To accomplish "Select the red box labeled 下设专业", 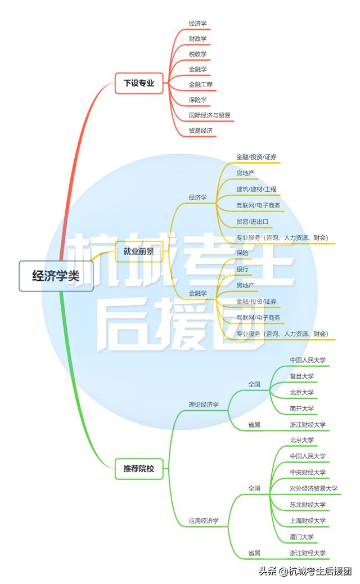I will tap(139, 83).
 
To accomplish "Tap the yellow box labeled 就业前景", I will tap(139, 251).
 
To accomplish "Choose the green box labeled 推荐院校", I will tap(138, 468).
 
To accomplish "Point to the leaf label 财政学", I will tap(198, 39).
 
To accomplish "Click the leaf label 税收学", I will tap(198, 54).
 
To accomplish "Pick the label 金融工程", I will tap(201, 84).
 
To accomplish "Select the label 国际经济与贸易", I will tap(209, 115).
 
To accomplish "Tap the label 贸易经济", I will tap(201, 131).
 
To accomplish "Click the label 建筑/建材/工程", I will tap(256, 189).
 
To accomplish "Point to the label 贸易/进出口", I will tap(253, 221).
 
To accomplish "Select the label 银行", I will tap(242, 269).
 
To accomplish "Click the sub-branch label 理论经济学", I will tap(204, 405).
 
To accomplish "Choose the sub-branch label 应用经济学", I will tap(204, 522).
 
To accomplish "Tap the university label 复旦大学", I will tap(302, 376).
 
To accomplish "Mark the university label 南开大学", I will tap(302, 408).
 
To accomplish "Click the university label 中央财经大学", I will tap(308, 472).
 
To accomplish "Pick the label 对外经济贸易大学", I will tap(313, 488).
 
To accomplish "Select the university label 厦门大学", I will tap(302, 537).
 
